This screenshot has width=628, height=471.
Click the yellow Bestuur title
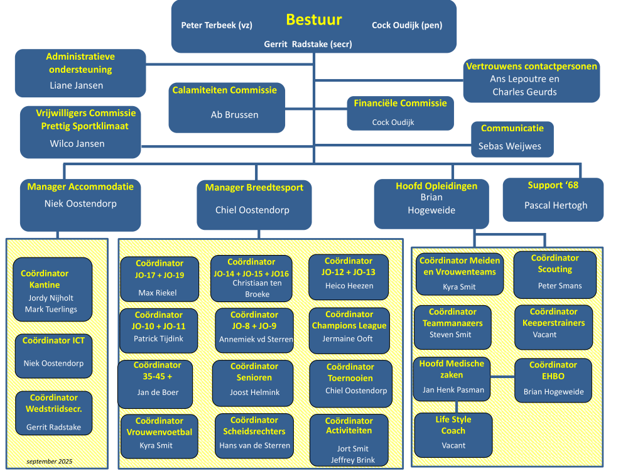[313, 19]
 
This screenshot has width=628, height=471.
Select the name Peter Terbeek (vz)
[217, 25]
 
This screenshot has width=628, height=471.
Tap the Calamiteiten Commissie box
[227, 107]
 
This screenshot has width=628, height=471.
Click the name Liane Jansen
[76, 85]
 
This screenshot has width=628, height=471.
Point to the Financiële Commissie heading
[400, 103]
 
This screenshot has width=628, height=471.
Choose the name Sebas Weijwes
[509, 146]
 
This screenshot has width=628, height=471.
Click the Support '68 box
[553, 200]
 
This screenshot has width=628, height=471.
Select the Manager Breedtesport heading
[254, 187]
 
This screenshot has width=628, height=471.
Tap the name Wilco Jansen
[77, 144]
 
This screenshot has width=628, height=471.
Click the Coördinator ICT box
[53, 355]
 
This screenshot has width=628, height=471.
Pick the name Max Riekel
[158, 293]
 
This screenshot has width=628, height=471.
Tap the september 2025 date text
[49, 462]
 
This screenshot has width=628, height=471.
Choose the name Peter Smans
[560, 286]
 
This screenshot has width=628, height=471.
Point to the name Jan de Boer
[157, 392]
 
